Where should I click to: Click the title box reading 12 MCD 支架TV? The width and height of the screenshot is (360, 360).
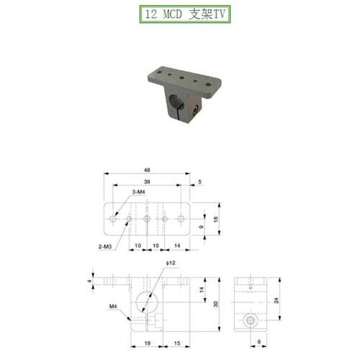coord(185,14)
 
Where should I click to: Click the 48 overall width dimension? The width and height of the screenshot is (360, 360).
coord(147,170)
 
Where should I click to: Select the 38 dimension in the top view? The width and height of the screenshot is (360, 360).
coord(147,181)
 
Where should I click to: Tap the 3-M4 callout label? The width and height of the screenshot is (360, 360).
coord(139,192)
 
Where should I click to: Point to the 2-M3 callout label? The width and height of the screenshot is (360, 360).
coord(105,246)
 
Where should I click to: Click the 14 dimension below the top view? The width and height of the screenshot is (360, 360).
coord(177,246)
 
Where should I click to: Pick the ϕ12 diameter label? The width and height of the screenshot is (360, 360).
coord(171,263)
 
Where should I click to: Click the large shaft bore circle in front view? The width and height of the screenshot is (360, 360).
coord(147,302)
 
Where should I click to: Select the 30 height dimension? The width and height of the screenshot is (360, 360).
coord(216,304)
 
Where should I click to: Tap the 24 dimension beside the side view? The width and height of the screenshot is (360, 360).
coord(276,300)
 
